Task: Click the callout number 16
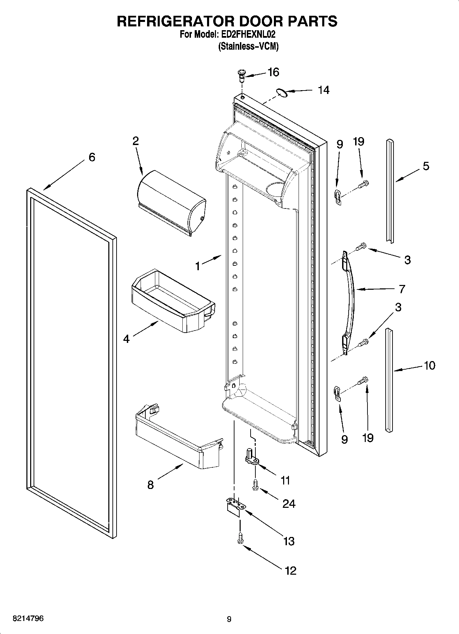(273, 72)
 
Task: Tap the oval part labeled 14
(281, 92)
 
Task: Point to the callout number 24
(289, 504)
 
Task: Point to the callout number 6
(92, 157)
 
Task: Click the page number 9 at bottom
(229, 619)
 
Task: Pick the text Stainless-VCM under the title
(249, 47)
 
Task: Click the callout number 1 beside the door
(197, 266)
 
